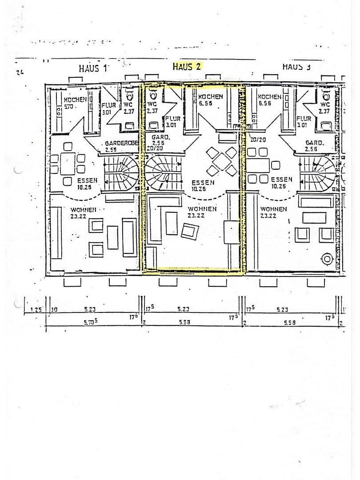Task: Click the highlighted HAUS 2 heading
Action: tap(187, 67)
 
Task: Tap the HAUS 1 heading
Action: tap(93, 68)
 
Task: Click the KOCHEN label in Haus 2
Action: tap(210, 97)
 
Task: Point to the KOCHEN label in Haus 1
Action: tap(74, 100)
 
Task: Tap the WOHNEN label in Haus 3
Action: tap(273, 209)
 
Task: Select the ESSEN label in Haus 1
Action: tap(88, 180)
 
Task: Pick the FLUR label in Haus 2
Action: tap(172, 119)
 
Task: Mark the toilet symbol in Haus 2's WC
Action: tap(152, 96)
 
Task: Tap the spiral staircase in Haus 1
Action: tap(121, 173)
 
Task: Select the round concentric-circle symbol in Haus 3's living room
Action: tap(328, 259)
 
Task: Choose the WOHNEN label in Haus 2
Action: tap(202, 209)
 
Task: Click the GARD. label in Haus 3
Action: tap(314, 143)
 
